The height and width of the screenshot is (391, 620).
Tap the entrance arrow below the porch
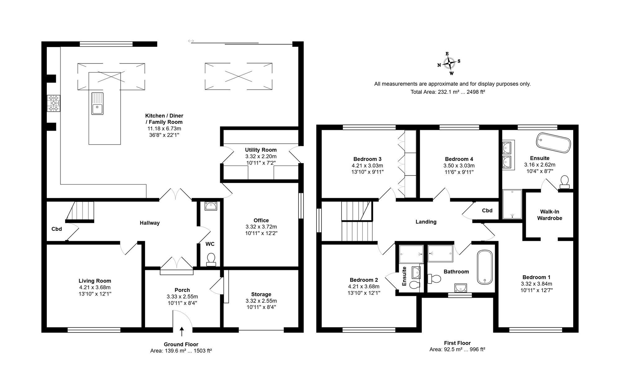(x=182, y=331)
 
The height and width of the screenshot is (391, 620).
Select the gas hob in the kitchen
(x=54, y=103)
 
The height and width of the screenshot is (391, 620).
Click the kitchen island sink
(x=97, y=103)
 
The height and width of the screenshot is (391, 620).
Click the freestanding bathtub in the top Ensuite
(x=553, y=143)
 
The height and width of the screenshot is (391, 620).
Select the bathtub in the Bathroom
(x=485, y=267)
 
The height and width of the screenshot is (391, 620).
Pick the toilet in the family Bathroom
(x=434, y=279)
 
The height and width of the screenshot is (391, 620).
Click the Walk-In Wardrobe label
(x=550, y=215)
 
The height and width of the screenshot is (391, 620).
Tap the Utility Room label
(x=261, y=150)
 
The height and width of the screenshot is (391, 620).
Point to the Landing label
(x=426, y=222)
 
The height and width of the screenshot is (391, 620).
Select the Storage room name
(x=261, y=294)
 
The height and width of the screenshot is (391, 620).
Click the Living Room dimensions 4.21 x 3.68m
(x=95, y=287)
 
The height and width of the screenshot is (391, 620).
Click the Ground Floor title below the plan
(x=181, y=344)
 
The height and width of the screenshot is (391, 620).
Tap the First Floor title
(x=457, y=343)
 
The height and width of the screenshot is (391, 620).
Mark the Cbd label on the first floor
(x=487, y=211)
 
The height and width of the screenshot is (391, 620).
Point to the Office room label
(x=261, y=220)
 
